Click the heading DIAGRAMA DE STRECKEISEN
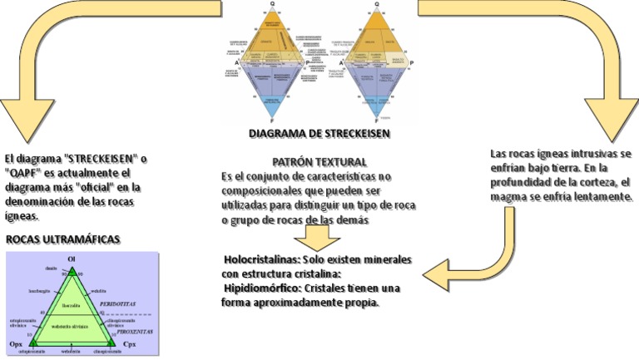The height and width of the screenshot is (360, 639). pos(319,133)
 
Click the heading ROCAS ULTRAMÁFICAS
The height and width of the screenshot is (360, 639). pos(63,239)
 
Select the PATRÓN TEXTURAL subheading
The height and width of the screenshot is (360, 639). pos(319,161)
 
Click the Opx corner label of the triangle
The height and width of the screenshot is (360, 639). pos(16,343)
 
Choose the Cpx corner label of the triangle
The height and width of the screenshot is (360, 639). pos(129,343)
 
